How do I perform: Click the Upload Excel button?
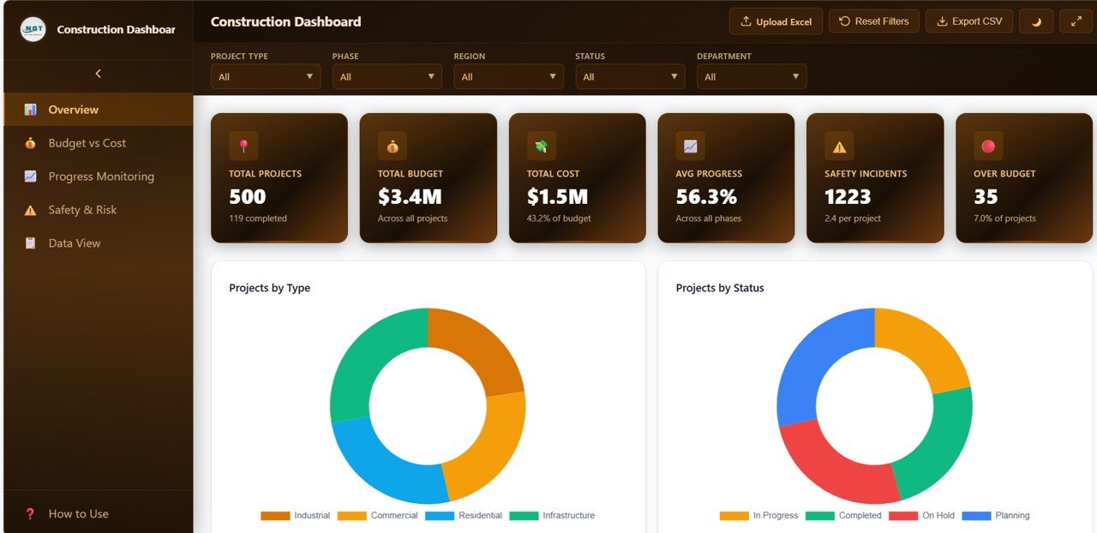point(776,21)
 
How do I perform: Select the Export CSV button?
point(968,21)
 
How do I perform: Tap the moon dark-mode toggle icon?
point(1036,21)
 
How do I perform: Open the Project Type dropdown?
point(266,77)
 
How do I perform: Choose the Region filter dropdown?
point(508,77)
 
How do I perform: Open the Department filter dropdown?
point(752,77)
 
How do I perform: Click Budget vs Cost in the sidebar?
point(87,143)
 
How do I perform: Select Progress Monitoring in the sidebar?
point(101,177)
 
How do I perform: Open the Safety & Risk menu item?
point(82,210)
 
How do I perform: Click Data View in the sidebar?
point(75,243)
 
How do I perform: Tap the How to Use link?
point(78,514)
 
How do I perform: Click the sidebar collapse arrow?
point(98,74)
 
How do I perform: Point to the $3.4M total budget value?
point(410,197)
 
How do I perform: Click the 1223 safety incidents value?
point(848,197)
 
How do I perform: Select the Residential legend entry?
point(464,516)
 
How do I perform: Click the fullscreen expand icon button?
point(1076,21)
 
